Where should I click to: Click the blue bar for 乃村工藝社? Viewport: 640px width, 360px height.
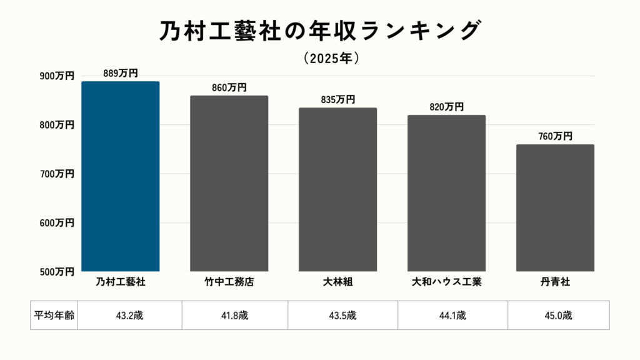[x=121, y=176]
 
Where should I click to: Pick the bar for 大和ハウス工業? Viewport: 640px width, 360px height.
[x=446, y=193]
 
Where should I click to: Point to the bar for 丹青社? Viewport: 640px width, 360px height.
[x=555, y=207]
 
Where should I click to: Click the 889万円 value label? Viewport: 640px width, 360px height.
[x=121, y=73]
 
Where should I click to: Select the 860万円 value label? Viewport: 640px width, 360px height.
[x=229, y=87]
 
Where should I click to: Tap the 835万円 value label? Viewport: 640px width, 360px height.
[x=337, y=100]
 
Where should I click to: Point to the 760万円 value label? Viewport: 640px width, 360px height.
[x=555, y=136]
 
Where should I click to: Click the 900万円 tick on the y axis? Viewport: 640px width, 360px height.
[x=57, y=76]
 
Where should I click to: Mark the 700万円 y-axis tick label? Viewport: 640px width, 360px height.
[x=57, y=174]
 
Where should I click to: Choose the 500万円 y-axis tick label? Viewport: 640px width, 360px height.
[x=57, y=272]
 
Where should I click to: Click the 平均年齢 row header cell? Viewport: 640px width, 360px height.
[x=54, y=315]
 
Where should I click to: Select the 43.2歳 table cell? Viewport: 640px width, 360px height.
[x=129, y=315]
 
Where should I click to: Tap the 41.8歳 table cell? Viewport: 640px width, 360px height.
[x=235, y=315]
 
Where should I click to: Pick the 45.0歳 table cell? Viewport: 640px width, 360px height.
[x=558, y=315]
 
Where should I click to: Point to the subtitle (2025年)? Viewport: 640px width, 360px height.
[x=331, y=58]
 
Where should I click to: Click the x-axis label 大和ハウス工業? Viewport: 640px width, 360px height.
[x=446, y=282]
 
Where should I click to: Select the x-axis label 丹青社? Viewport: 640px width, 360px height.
[x=555, y=282]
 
